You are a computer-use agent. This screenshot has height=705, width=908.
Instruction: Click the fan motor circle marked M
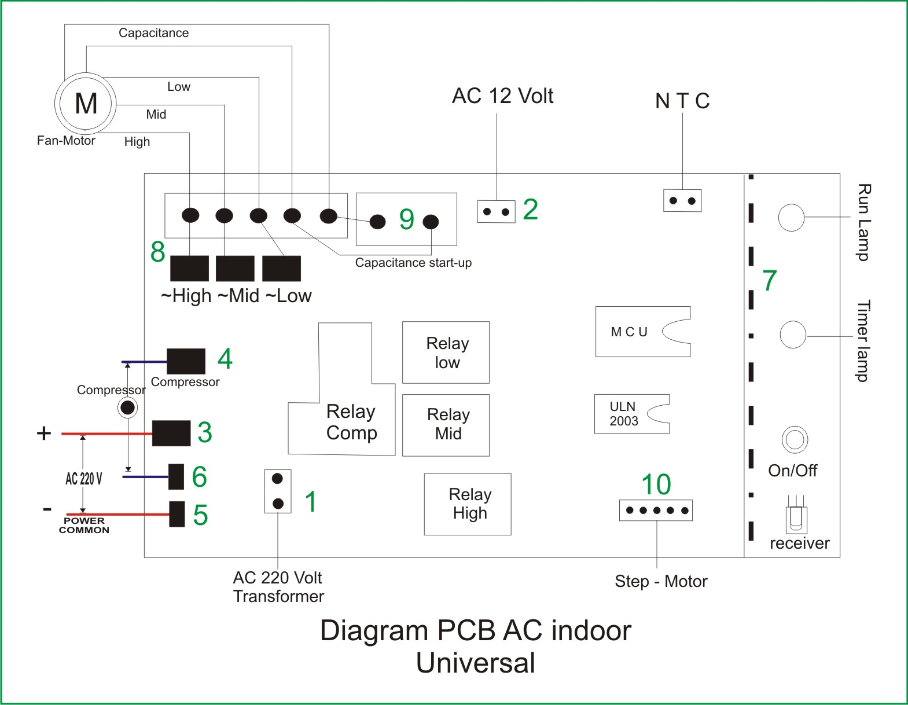pos(86,104)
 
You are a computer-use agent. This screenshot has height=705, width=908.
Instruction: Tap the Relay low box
pos(446,352)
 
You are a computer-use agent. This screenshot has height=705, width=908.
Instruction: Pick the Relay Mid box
pos(446,425)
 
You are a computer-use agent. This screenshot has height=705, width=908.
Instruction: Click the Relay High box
pos(468,504)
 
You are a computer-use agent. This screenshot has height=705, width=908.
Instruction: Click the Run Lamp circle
pos(791,218)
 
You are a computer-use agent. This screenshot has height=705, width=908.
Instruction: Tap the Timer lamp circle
pos(792,335)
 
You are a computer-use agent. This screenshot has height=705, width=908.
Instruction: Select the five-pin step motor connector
pos(656,511)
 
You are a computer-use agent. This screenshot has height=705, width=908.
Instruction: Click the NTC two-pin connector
pos(682,201)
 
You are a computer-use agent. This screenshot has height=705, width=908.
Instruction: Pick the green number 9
pos(406,220)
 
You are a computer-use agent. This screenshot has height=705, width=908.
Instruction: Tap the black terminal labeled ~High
pos(189,269)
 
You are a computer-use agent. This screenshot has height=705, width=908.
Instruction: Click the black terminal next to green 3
pos(171,433)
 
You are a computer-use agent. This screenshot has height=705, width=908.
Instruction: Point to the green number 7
pos(769,281)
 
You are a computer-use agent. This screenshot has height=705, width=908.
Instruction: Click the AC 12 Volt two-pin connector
pos(496,212)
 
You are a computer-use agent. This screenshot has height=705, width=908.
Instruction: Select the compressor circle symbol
pos(127,407)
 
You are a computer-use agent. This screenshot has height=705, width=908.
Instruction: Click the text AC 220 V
pos(84,479)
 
